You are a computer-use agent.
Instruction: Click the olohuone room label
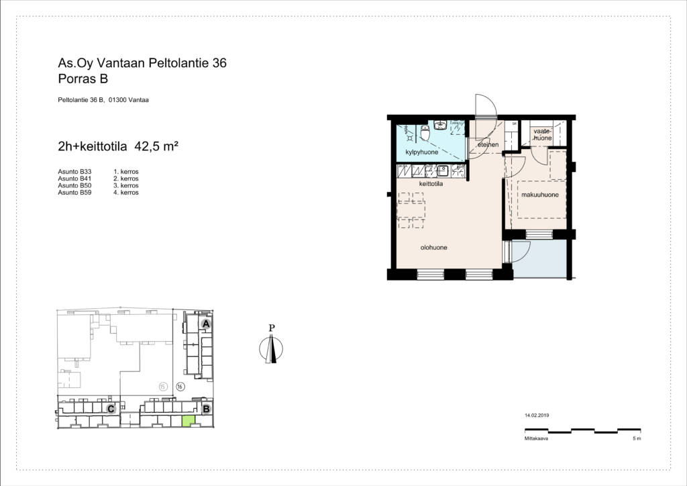coord(434,248)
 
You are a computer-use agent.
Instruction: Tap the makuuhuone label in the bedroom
coord(540,195)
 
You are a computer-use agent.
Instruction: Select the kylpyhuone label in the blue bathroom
coord(421,152)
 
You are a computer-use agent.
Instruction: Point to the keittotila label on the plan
coord(431,184)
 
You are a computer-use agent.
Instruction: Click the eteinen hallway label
coord(488,144)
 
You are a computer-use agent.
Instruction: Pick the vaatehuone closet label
coord(542,134)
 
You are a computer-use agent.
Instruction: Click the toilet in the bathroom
coord(425,132)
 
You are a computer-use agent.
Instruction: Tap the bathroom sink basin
coord(440,125)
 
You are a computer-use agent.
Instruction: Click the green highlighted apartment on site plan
coord(189,421)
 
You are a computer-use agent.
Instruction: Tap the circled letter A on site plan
coord(206,324)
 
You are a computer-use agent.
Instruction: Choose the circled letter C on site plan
coord(111,409)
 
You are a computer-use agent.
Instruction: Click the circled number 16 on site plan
coord(180,387)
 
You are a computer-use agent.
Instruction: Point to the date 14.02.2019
coord(537,416)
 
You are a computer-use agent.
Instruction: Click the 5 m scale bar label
coord(637,438)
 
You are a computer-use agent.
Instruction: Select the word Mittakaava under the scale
coord(536,438)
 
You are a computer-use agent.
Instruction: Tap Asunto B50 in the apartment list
coord(74,186)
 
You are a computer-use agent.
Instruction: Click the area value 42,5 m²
coord(156,146)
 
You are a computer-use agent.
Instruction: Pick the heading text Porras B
coord(83,79)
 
